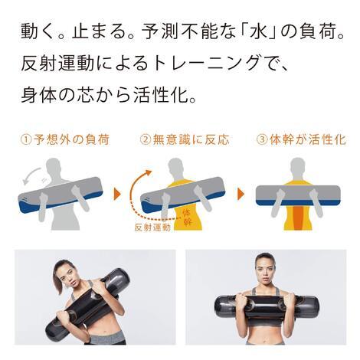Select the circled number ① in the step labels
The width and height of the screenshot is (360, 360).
[x=26, y=140]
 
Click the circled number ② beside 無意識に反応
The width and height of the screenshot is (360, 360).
[x=146, y=140]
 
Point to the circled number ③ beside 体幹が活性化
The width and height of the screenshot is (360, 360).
[x=262, y=140]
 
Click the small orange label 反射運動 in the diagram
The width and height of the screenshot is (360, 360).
[x=152, y=227]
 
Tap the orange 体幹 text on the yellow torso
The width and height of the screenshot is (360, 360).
[x=187, y=217]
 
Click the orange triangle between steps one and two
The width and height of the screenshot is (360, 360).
[x=117, y=195]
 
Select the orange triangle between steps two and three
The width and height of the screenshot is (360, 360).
[x=241, y=195]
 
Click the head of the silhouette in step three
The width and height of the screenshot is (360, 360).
[x=298, y=166]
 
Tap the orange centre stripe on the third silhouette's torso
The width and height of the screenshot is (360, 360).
[x=297, y=218]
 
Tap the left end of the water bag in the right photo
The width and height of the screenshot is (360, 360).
[x=218, y=307]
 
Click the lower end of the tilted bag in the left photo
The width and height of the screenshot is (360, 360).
[x=52, y=331]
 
